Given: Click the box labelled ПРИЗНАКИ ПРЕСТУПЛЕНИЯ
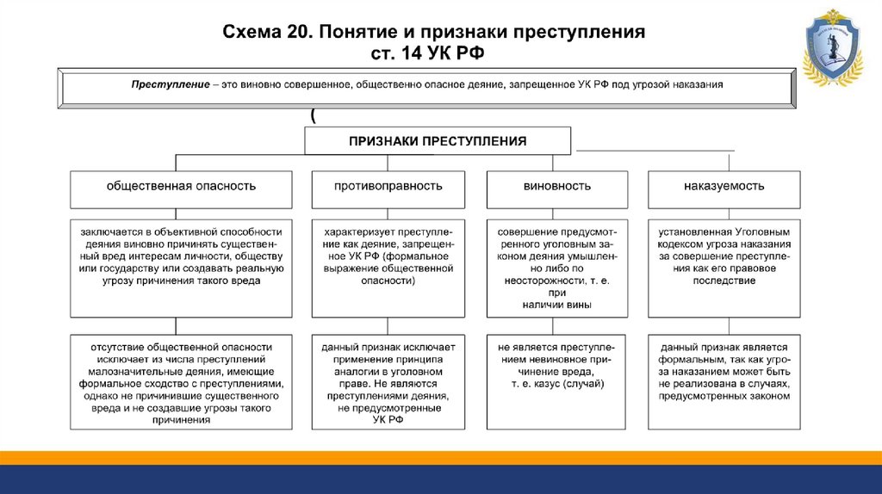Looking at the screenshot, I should (437, 140).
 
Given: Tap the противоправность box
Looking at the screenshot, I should (389, 187).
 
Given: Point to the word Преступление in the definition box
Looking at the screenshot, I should (171, 85).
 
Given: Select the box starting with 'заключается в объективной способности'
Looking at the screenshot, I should (176, 268).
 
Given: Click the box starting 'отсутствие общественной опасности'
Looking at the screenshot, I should (176, 382).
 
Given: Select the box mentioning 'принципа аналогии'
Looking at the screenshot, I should (388, 382).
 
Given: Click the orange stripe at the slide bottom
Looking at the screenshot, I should (441, 457).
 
